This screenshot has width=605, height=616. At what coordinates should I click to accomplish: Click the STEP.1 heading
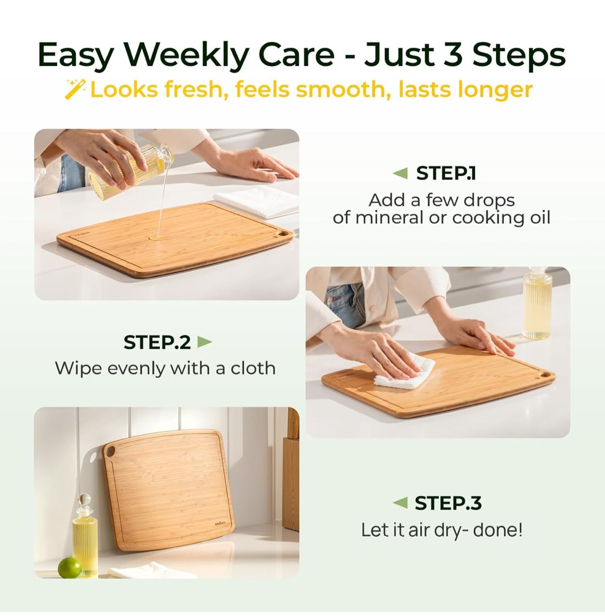coord(446,173)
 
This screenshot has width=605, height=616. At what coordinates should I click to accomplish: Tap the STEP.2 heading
coord(157,342)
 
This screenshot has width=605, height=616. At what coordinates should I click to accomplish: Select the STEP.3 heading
coord(448,503)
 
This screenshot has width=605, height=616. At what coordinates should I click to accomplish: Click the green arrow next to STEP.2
coord(205,342)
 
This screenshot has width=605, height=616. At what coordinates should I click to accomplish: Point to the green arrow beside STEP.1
coord(400,173)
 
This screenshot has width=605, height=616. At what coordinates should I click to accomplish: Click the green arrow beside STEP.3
coord(400,503)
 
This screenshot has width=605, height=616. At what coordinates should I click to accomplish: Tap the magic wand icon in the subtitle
coord(75,90)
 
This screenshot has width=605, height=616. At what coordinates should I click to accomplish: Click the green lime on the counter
coord(70,568)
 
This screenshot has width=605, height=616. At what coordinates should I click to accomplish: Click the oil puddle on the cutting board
coord(159,237)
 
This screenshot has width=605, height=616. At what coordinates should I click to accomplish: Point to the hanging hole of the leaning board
coord(111,452)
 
